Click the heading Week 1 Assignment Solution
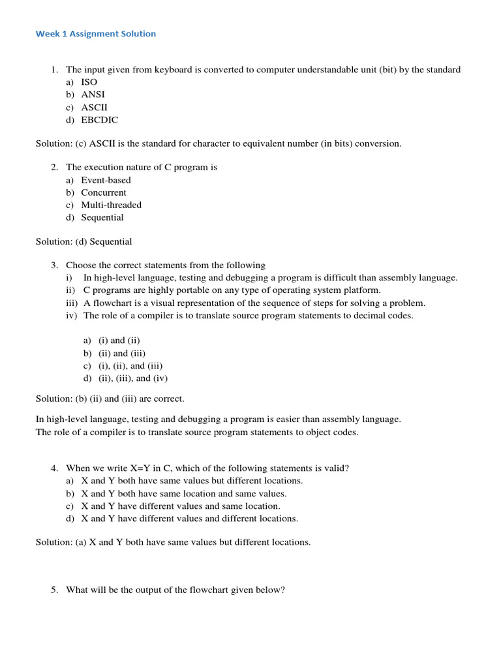click(x=96, y=33)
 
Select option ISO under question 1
click(x=89, y=82)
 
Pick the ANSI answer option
click(x=93, y=95)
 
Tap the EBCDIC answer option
click(x=99, y=119)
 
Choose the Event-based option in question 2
click(x=106, y=180)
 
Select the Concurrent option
click(x=104, y=192)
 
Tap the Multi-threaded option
click(x=111, y=205)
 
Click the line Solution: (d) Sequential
click(x=83, y=241)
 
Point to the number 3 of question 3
click(x=53, y=266)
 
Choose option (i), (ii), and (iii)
click(x=130, y=365)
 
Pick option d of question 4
click(x=189, y=519)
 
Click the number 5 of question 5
click(x=53, y=590)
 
